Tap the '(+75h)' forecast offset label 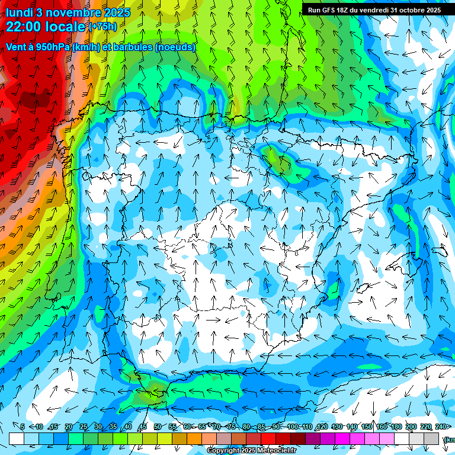click(x=102, y=26)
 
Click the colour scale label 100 click(x=293, y=427)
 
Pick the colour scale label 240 click(x=441, y=427)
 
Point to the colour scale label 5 click(x=23, y=427)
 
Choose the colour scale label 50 click(x=157, y=427)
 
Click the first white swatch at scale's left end click(x=17, y=439)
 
